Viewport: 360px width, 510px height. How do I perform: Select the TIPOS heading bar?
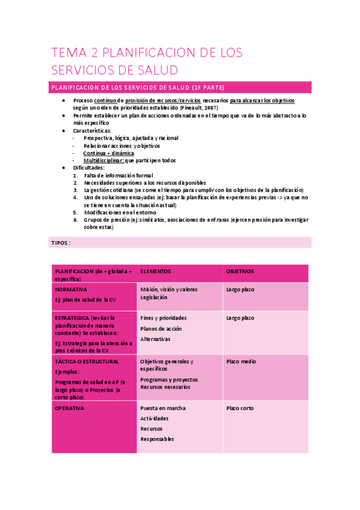60,242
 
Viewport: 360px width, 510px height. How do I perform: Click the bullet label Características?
92,130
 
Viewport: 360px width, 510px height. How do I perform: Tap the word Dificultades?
88,168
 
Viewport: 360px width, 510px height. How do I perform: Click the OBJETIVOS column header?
240,271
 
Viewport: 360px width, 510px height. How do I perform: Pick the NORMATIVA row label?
70,289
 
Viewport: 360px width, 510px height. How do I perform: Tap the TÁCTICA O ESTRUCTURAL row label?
87,361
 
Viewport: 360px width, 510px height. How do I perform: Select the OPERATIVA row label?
70,408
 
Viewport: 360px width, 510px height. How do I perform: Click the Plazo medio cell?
241,361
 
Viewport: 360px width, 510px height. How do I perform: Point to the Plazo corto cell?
240,408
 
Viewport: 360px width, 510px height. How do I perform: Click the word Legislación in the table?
154,297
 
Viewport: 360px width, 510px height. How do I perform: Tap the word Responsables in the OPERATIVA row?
157,439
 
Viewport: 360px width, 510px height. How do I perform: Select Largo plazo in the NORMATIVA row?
240,289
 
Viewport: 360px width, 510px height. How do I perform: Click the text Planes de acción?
161,329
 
